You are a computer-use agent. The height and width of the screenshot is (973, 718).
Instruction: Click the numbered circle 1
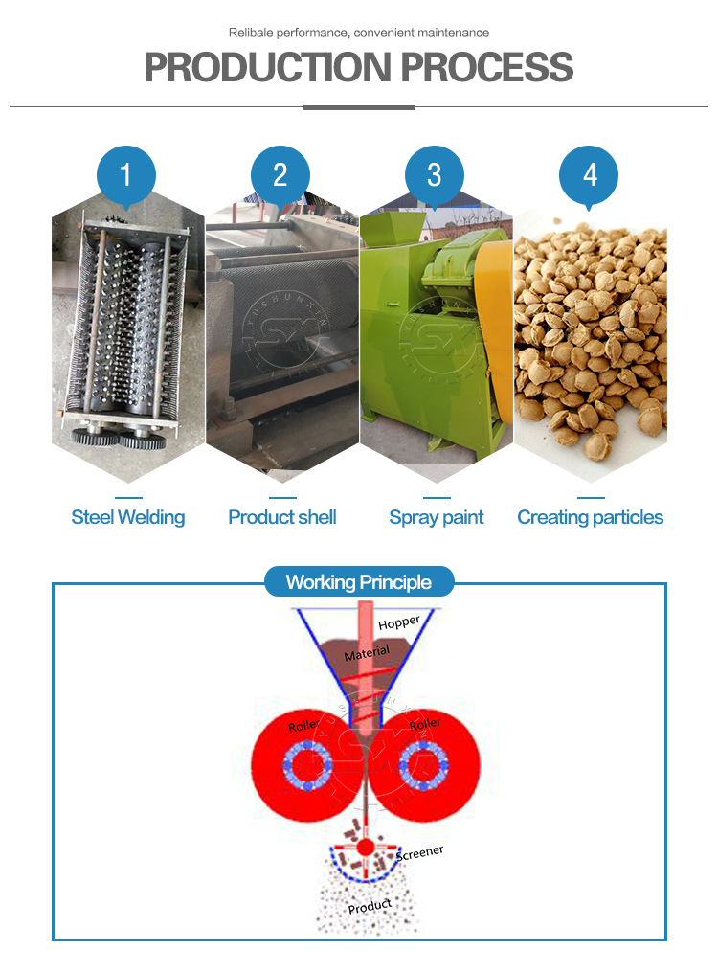tap(126, 175)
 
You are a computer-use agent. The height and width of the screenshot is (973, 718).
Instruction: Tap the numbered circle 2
tap(280, 175)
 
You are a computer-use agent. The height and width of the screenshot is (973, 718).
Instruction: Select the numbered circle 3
tap(435, 175)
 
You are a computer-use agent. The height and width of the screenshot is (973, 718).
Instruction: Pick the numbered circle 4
tap(589, 175)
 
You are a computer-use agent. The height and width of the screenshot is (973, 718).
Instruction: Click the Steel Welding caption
tap(128, 517)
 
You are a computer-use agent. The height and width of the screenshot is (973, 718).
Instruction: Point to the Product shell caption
tap(282, 517)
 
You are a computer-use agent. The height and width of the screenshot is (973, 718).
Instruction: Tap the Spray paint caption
tap(437, 517)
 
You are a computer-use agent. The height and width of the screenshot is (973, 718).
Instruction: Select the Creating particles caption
tap(590, 517)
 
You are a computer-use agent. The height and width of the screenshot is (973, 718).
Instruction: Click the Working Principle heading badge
tap(359, 582)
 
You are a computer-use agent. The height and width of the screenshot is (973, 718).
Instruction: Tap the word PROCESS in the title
tap(487, 67)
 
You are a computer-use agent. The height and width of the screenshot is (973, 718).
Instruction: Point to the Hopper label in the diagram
tap(399, 622)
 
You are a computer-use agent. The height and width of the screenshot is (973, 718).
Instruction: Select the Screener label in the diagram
tap(420, 853)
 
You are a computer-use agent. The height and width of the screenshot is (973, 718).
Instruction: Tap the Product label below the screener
tap(370, 907)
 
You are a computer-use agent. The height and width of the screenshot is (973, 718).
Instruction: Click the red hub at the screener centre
tap(366, 847)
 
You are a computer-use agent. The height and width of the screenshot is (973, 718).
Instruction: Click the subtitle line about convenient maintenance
tap(359, 33)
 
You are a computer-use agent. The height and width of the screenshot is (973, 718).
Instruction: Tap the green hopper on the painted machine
tap(389, 228)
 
